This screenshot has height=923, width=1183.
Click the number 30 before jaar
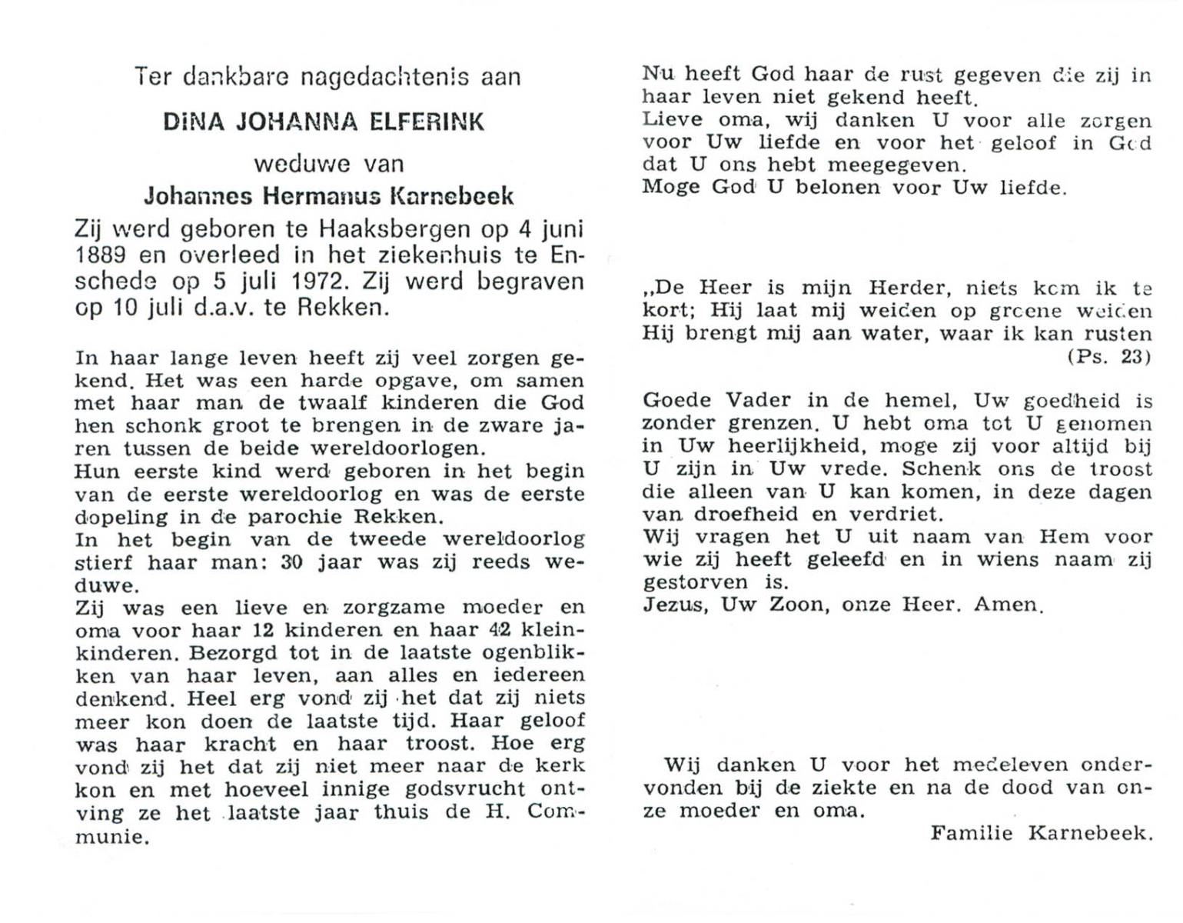291,562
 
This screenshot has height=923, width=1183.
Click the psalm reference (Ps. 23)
1108,357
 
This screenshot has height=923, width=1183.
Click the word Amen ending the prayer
1008,605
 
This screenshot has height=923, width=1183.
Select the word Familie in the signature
971,833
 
